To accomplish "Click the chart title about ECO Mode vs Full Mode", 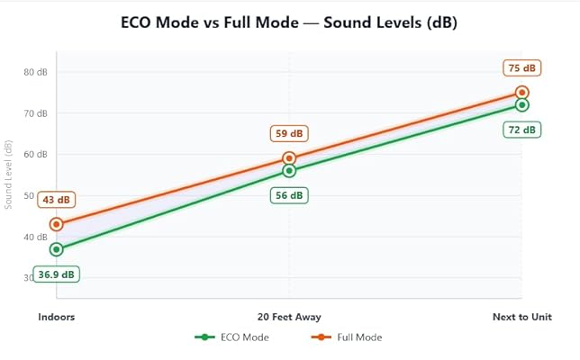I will coord(289,22).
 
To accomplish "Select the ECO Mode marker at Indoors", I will coord(57,249).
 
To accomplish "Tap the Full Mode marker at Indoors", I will coord(57,224).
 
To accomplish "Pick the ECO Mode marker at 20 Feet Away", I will coord(289,170).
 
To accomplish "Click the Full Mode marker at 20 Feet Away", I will coord(289,158).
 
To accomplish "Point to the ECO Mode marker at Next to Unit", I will coord(522,104).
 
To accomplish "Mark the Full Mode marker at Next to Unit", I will coord(522,93).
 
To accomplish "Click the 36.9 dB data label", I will coord(58,274).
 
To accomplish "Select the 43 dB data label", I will coord(57,200).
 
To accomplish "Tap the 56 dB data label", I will coord(289,195).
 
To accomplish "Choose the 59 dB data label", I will coord(289,134).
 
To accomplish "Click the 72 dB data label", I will coord(522,130).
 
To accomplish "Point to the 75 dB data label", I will coord(522,68).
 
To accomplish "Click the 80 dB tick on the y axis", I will coord(36,72).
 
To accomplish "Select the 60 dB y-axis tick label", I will coord(36,155).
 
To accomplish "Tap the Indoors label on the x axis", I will coord(57,317).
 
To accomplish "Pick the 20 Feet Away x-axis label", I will coord(289,317).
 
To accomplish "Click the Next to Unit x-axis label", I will coord(522,317).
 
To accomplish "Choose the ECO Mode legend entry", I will coord(232,337).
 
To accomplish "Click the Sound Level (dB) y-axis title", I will coord(9,175).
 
